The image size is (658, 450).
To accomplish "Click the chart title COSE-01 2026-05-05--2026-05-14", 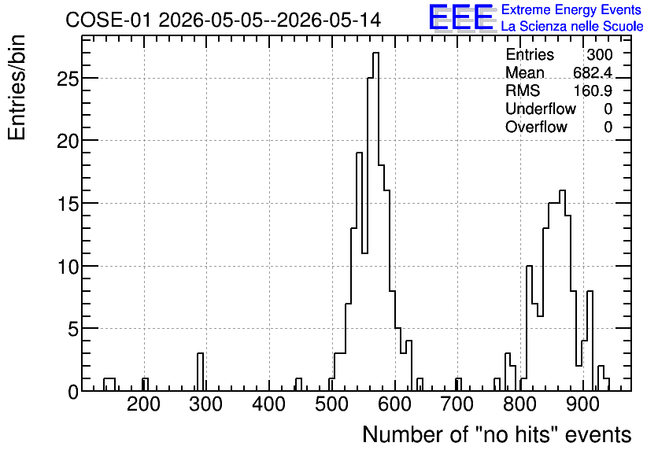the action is pyautogui.click(x=224, y=20).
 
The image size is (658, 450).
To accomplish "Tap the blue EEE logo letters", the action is pyautogui.click(x=461, y=17).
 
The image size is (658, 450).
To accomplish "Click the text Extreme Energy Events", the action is pyautogui.click(x=571, y=9).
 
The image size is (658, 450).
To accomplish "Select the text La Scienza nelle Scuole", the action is pyautogui.click(x=572, y=26).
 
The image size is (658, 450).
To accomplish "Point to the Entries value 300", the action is pyautogui.click(x=600, y=54).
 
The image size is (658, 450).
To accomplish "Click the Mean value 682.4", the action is pyautogui.click(x=593, y=72).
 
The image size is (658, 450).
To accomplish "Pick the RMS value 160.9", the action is pyautogui.click(x=593, y=90).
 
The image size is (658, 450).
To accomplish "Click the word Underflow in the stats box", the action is pyautogui.click(x=541, y=109).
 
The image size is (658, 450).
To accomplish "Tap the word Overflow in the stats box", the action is pyautogui.click(x=536, y=127).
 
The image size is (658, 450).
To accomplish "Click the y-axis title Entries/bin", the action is pyautogui.click(x=17, y=87).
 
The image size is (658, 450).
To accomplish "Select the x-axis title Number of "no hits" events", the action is pyautogui.click(x=497, y=434).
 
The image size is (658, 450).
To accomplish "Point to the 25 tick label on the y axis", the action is pyautogui.click(x=68, y=79).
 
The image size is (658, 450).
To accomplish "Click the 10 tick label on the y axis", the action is pyautogui.click(x=68, y=267).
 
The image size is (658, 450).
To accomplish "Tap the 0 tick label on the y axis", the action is pyautogui.click(x=73, y=392).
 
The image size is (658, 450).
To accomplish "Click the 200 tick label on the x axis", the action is pyautogui.click(x=143, y=404).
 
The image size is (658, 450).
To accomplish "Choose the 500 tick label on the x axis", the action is pyautogui.click(x=331, y=404).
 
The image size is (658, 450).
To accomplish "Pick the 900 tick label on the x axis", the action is pyautogui.click(x=582, y=404).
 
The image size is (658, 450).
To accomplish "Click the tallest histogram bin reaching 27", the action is pyautogui.click(x=375, y=222).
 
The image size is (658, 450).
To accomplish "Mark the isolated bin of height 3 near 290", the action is pyautogui.click(x=200, y=372).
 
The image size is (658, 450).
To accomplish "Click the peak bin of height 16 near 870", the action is pyautogui.click(x=562, y=290).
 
